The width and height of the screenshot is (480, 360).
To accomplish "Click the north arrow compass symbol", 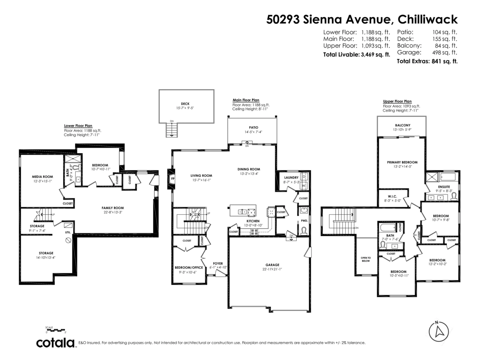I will point(439,332).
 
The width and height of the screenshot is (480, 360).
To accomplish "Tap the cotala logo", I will point(56,343).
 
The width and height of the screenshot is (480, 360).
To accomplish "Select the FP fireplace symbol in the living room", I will point(173,179).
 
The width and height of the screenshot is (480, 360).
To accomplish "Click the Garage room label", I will point(272,265).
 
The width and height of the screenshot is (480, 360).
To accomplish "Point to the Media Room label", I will point(43,176).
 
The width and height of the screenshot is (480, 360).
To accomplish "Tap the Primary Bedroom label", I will point(402,162).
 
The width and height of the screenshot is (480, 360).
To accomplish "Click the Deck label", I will point(185,104).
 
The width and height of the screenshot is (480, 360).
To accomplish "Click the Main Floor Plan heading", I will point(246,100).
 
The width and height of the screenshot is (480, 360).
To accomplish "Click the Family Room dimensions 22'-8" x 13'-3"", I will point(112,212).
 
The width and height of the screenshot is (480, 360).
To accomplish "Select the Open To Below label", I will point(366,258).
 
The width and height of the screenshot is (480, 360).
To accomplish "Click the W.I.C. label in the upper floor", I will point(392,196).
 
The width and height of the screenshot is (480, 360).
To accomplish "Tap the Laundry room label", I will point(291,178).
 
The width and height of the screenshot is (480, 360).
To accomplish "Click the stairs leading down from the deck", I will point(172,130).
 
